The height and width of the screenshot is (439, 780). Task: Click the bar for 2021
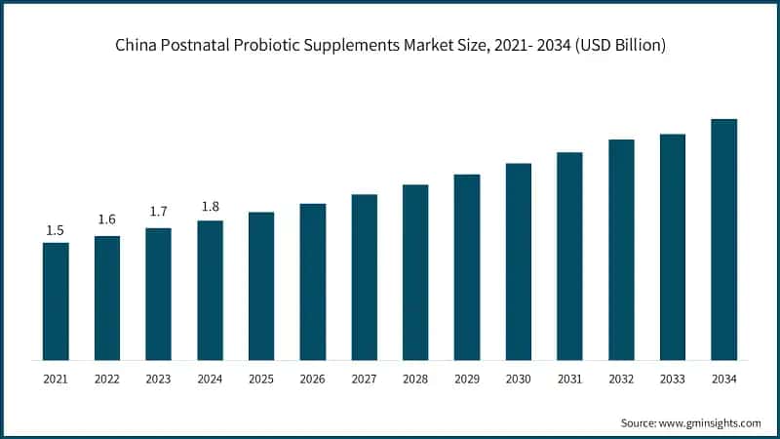tap(56, 300)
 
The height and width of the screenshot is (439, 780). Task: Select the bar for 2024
tap(210, 290)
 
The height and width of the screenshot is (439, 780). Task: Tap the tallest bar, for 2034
tap(723, 239)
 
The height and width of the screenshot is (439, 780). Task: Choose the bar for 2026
tap(313, 281)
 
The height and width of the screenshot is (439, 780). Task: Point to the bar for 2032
tap(621, 249)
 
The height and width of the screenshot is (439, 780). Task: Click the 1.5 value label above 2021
tap(56, 230)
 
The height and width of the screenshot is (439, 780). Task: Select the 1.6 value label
tap(107, 219)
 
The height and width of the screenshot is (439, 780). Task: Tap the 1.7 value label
tap(158, 212)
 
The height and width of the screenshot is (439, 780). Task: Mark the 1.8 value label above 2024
tap(210, 206)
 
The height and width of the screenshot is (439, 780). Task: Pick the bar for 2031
tap(569, 256)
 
